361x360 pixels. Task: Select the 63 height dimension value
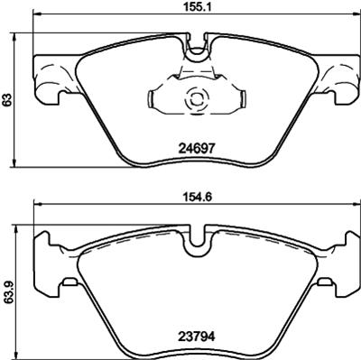click(x=8, y=102)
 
